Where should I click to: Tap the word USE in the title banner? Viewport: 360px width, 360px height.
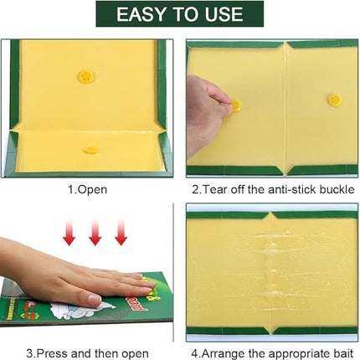224,14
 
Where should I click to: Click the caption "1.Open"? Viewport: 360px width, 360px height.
87,190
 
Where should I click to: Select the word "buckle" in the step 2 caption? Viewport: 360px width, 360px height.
337,189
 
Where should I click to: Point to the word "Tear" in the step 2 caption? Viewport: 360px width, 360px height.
213,189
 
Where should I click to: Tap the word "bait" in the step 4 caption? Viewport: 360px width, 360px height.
343,353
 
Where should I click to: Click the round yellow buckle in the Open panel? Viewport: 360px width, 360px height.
85,76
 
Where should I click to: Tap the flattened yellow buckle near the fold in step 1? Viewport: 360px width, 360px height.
90,151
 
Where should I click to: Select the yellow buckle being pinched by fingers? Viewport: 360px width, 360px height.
236,105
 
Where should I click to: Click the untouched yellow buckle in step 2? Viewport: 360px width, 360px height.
334,100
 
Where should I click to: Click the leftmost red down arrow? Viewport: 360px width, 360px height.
69,233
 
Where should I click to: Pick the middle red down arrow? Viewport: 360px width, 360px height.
95,233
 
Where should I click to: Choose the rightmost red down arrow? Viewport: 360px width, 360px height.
121,233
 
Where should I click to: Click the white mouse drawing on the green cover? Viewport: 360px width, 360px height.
81,309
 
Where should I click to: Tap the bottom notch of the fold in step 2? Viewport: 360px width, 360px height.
286,171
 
